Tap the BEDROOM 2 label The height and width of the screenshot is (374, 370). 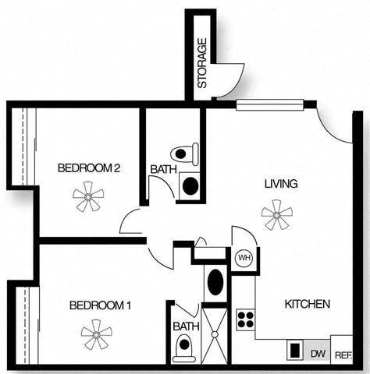tap(89, 168)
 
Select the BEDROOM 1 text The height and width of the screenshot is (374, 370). tap(100, 305)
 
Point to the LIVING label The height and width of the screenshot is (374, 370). tap(280, 184)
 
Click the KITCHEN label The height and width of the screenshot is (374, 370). tap(307, 304)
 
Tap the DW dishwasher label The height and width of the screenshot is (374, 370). tap(318, 352)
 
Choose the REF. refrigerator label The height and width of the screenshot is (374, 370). tap(342, 354)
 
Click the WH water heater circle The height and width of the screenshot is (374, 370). tap(243, 257)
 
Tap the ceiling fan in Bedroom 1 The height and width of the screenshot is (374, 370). tap(96, 334)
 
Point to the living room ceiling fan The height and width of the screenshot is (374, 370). tap(276, 214)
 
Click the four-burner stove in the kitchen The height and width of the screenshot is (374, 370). tap(245, 319)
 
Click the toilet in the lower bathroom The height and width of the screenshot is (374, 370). tap(184, 347)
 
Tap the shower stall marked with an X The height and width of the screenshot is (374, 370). tap(212, 333)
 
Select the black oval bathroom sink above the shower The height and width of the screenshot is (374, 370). tap(215, 281)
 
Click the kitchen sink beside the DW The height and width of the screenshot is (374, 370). tap(295, 351)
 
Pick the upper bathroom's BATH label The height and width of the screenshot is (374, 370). tap(162, 168)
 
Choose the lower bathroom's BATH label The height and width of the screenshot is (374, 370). tap(186, 326)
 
